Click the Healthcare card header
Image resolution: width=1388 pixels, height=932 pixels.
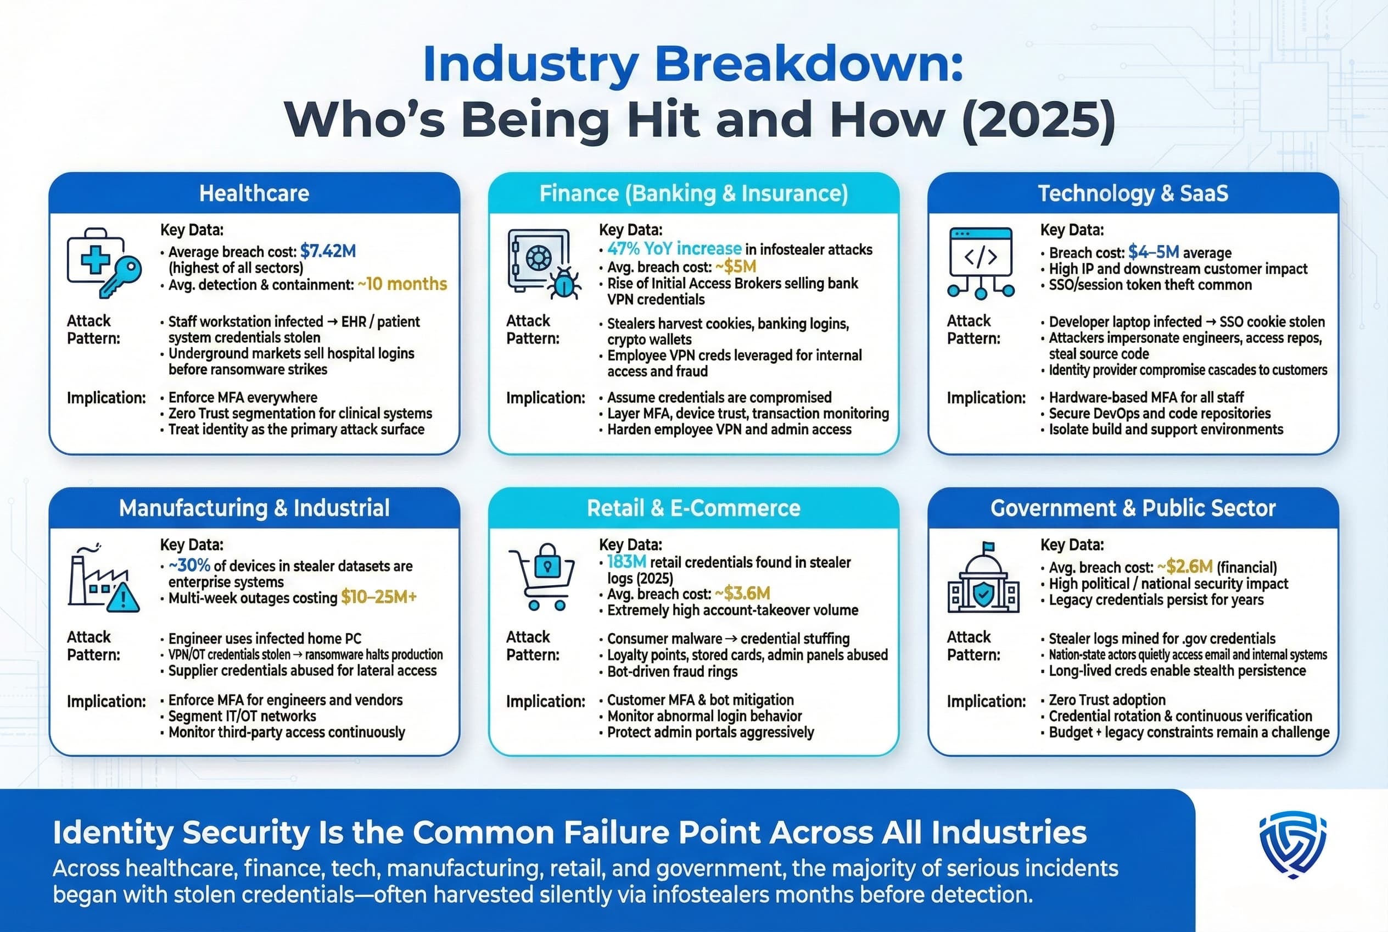coord(254,193)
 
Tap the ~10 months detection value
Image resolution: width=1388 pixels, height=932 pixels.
coord(402,284)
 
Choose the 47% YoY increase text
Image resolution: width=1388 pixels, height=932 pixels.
coord(674,248)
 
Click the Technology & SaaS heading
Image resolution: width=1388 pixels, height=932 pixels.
coord(1133,193)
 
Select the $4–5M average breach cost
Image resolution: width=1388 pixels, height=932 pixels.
coord(1154,252)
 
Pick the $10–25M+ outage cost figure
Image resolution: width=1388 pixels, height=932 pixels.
coord(378,597)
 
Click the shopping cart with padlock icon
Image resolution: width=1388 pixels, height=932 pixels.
coord(543,576)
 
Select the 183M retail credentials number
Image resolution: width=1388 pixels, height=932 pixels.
coord(626,562)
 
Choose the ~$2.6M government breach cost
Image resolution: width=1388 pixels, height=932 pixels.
coord(1184,567)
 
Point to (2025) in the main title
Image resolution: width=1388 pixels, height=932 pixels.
coord(1037,119)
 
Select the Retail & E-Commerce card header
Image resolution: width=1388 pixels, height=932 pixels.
coord(693,508)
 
